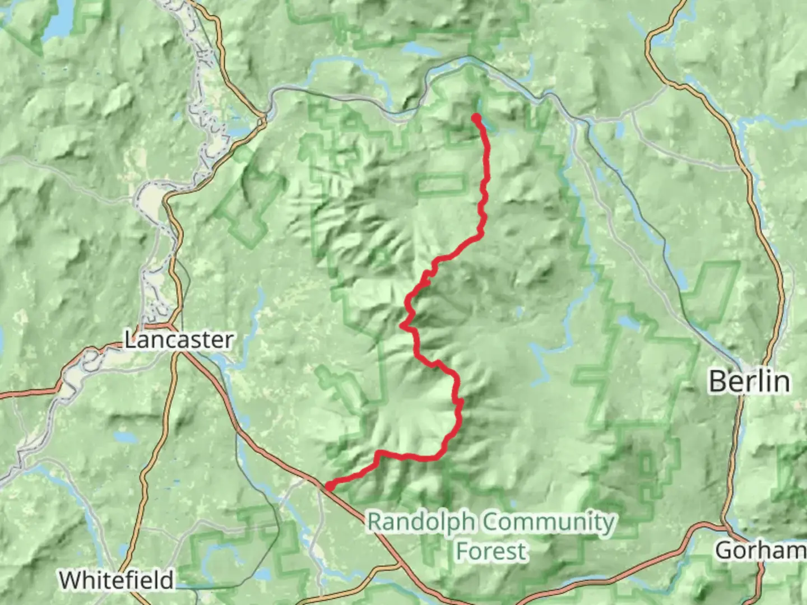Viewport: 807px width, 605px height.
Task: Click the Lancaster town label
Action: [178, 340]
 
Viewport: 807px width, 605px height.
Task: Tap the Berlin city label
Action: [749, 381]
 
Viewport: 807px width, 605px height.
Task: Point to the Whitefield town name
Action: [117, 580]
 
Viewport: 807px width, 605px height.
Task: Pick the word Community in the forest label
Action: [548, 522]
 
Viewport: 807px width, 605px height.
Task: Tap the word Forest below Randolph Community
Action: [491, 551]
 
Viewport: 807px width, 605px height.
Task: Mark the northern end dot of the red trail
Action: [476, 118]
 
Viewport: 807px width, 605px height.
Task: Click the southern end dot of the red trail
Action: [330, 486]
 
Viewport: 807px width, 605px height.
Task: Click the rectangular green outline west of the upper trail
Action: [440, 183]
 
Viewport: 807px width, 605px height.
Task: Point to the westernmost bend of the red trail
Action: [403, 324]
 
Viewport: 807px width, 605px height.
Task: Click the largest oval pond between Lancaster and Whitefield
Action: [120, 437]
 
